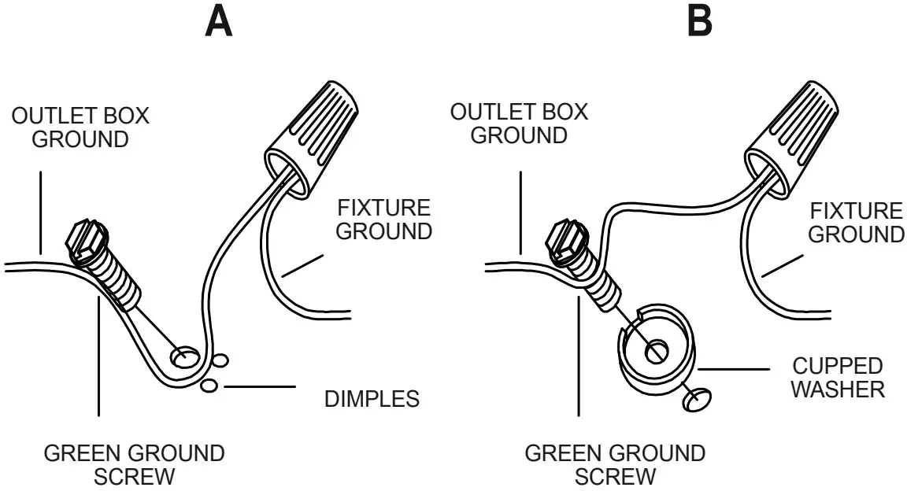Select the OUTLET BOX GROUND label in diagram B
[518, 123]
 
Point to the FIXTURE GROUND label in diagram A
[384, 220]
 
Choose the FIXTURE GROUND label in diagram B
[857, 223]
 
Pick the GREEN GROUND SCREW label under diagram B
[614, 465]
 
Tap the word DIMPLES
[372, 399]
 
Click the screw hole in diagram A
[184, 358]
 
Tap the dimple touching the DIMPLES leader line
[209, 386]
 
